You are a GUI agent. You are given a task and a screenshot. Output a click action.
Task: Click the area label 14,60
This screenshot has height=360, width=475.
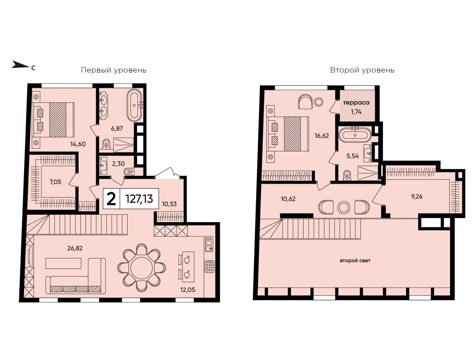click(x=78, y=144)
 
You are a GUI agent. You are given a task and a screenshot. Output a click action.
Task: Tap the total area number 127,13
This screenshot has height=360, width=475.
click(x=139, y=199)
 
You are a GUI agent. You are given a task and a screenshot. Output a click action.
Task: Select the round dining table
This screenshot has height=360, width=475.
click(x=142, y=268)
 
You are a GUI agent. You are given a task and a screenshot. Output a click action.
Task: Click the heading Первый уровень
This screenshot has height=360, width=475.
click(x=114, y=70)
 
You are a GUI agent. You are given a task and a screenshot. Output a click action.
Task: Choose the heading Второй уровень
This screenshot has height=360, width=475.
click(x=362, y=70)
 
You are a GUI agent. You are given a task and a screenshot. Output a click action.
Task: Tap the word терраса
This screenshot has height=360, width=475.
click(x=356, y=103)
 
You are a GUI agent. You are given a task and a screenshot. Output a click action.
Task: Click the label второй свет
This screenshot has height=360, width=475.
click(x=356, y=260)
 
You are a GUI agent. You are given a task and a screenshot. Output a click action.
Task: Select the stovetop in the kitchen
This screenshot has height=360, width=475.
click(x=209, y=266)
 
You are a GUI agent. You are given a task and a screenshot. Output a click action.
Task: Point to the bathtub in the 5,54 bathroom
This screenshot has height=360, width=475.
click(x=354, y=135)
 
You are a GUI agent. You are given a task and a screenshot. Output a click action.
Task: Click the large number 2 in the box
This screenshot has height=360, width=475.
click(x=111, y=199)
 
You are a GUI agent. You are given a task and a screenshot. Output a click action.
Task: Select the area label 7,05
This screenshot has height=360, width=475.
click(x=55, y=182)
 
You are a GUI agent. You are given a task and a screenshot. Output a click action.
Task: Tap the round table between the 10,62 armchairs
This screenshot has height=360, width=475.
click(x=344, y=207)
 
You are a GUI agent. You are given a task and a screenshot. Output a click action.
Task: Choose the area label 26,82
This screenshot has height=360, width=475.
click(x=75, y=248)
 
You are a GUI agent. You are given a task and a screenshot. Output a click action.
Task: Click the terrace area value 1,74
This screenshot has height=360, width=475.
click(x=356, y=112)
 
